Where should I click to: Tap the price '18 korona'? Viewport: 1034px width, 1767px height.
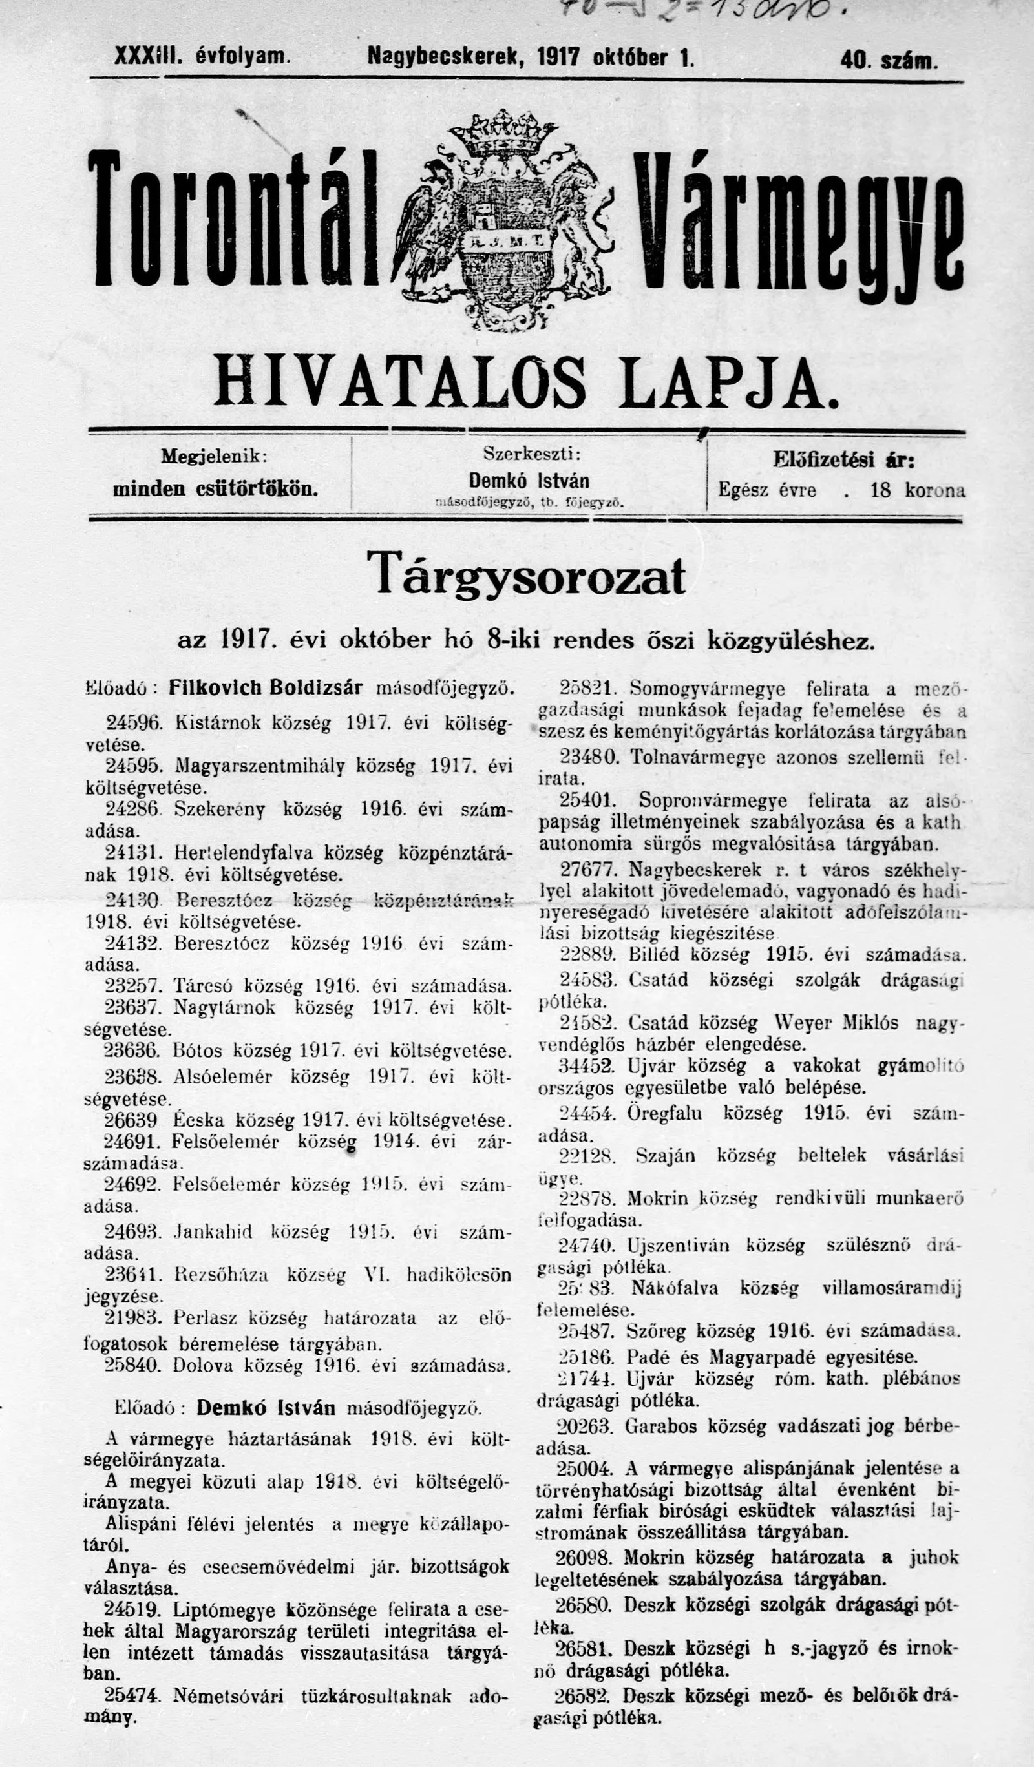point(918,490)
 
